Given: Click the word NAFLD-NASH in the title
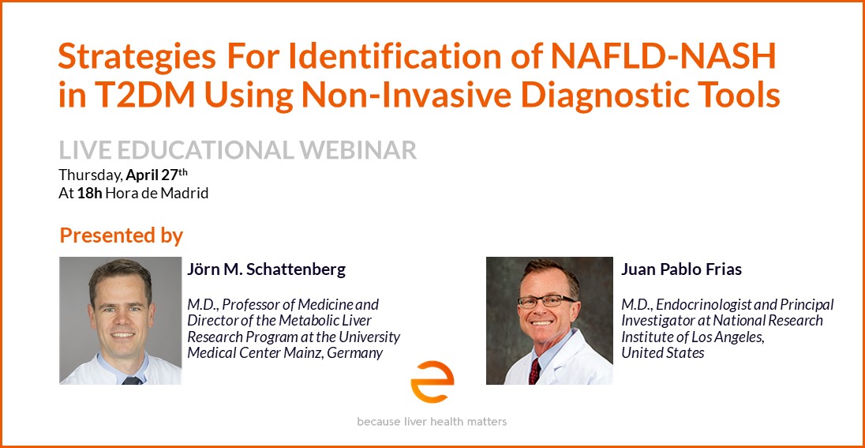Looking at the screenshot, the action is (665, 56).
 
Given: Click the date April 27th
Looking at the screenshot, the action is (157, 175).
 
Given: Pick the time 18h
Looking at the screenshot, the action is (90, 194).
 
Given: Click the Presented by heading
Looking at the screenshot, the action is (121, 236).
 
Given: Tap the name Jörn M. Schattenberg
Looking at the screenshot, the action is (267, 269).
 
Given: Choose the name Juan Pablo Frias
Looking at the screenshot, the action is (681, 269).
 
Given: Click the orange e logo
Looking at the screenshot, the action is (432, 382).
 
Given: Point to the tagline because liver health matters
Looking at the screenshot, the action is (432, 422).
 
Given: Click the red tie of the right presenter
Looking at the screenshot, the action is (534, 371).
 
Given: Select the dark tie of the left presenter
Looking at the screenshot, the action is (131, 381).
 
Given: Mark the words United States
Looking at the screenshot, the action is (663, 353).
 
